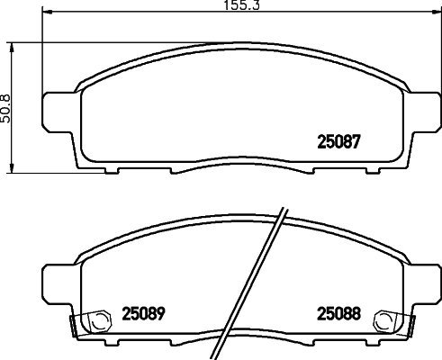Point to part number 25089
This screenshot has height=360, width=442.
pyautogui.click(x=142, y=315)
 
